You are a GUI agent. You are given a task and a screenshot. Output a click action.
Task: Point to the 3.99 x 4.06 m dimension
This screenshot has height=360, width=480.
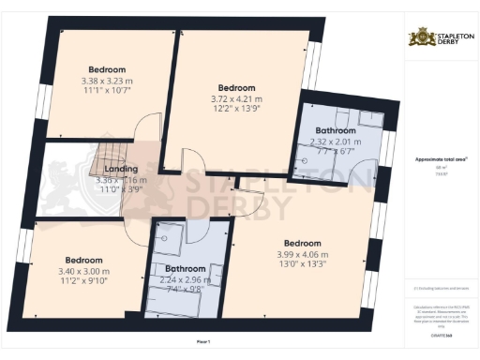(x=302, y=255)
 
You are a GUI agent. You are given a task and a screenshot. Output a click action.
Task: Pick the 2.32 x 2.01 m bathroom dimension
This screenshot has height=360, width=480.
(x=335, y=142)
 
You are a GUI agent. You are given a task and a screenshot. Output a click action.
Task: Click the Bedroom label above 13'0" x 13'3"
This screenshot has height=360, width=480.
(x=302, y=244)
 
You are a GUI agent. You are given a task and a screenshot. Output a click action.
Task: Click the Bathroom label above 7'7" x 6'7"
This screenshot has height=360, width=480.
(x=335, y=130)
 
